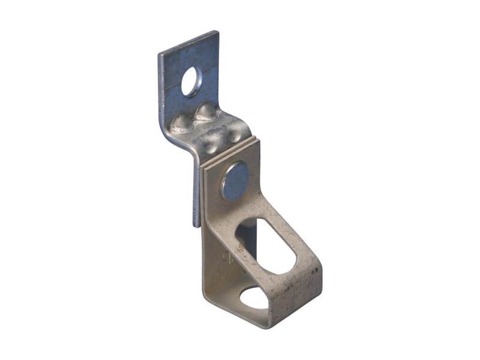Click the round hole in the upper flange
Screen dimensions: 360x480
[x=192, y=82]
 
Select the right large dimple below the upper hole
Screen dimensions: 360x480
[x=206, y=111]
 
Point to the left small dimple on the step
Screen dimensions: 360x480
[x=211, y=142]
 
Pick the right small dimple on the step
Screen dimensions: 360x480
[x=232, y=134]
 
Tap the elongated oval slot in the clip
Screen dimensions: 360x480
[x=267, y=247]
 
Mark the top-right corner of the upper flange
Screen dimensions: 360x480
[x=217, y=32]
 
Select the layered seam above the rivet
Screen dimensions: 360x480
[x=231, y=154]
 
